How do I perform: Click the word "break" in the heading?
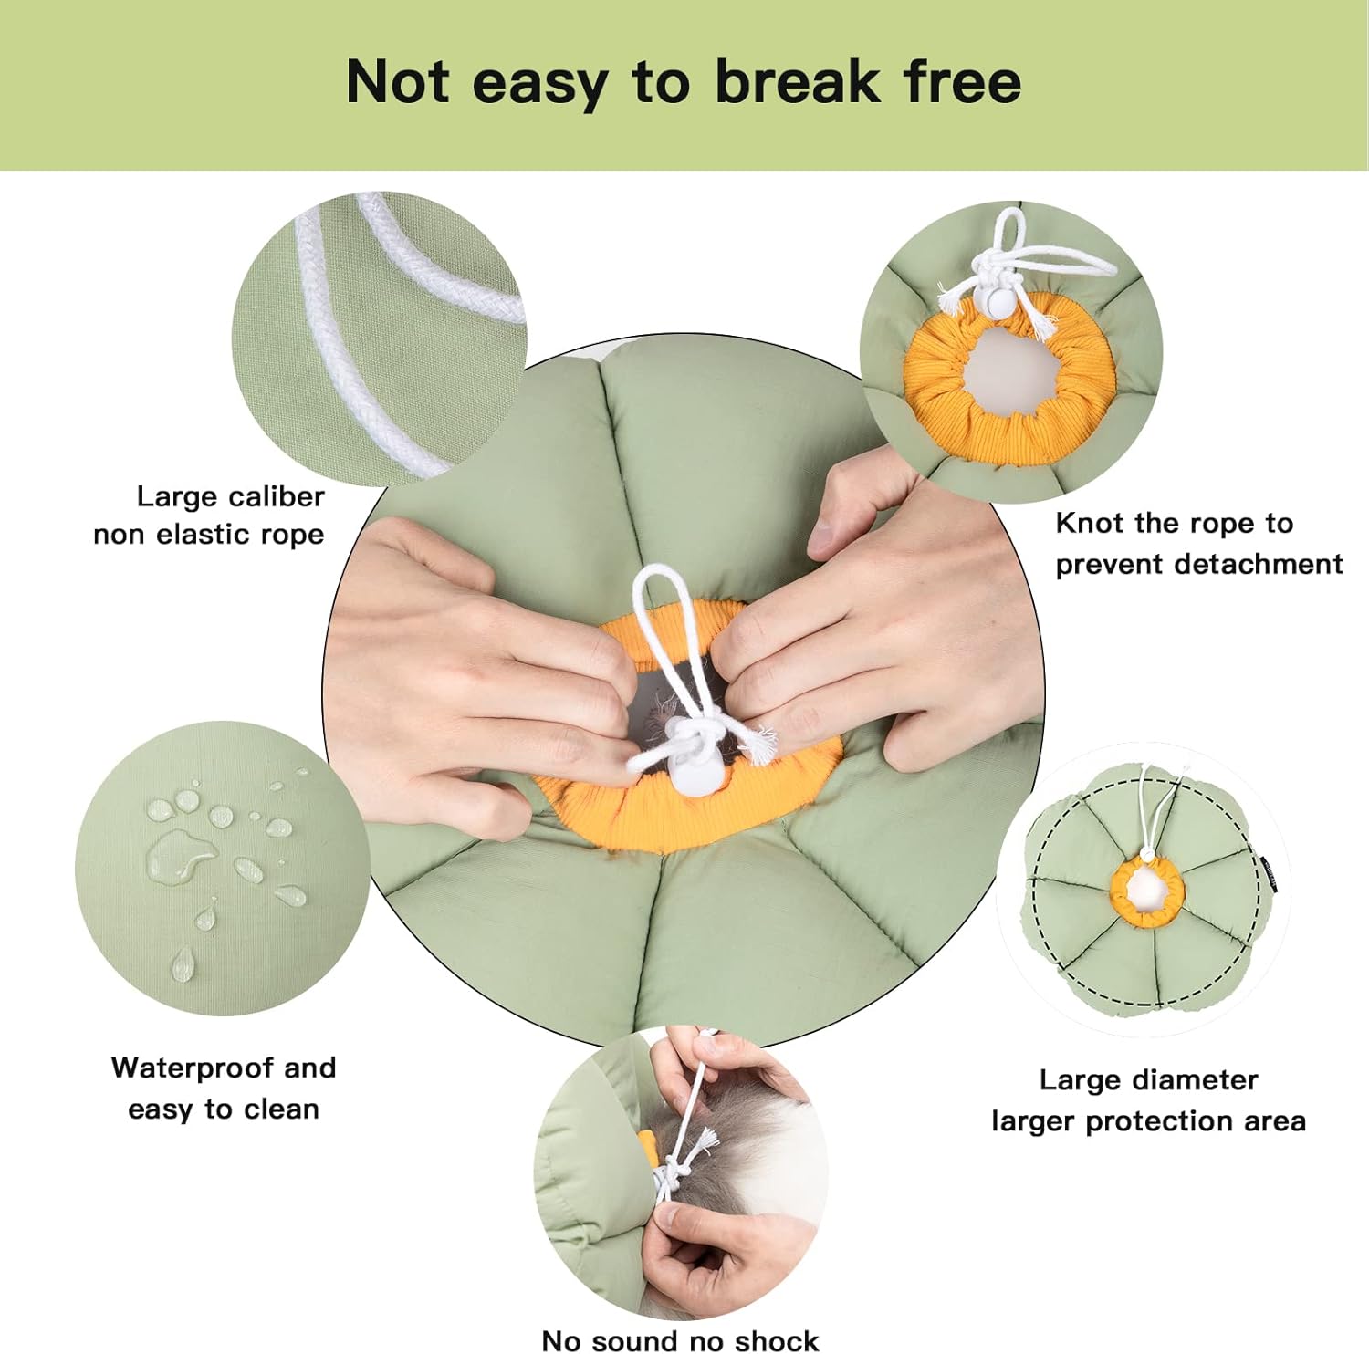[797, 82]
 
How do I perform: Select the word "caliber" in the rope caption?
[277, 496]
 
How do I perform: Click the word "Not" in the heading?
[397, 82]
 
